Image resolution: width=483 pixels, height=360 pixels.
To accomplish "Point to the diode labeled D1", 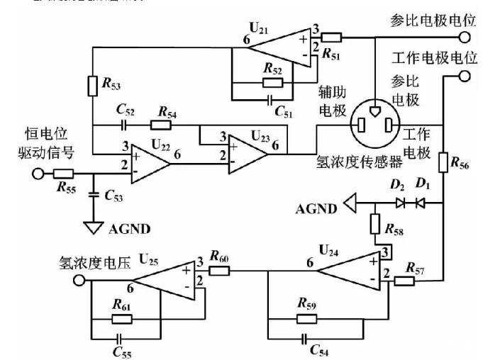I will [419, 202].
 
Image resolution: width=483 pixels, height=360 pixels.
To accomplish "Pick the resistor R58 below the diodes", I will [377, 225].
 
